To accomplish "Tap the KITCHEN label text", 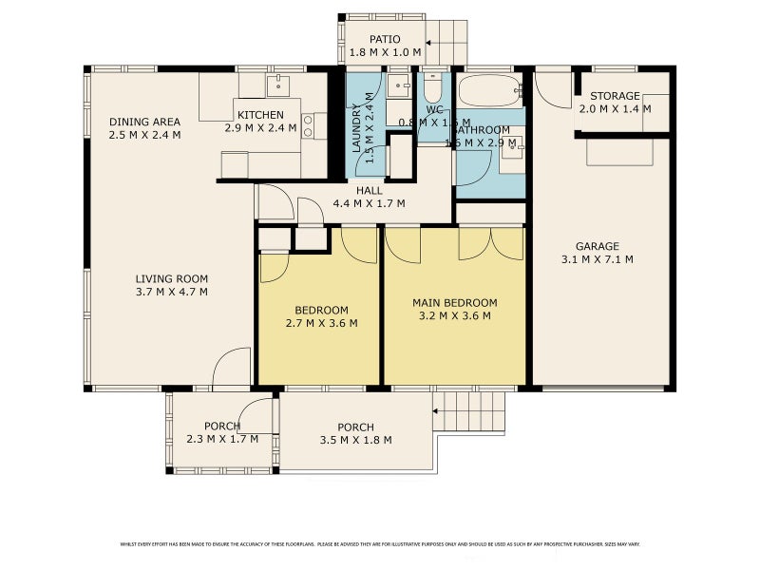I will click(x=260, y=115).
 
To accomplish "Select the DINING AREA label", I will click(x=144, y=122).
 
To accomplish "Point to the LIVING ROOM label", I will click(x=171, y=278).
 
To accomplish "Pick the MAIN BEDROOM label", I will click(x=454, y=303).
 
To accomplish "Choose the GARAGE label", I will click(x=597, y=246).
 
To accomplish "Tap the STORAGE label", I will click(x=615, y=96).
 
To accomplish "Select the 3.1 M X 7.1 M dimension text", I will click(x=597, y=259).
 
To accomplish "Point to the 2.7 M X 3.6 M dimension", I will click(x=321, y=323).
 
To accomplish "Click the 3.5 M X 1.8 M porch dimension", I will click(x=355, y=440).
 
